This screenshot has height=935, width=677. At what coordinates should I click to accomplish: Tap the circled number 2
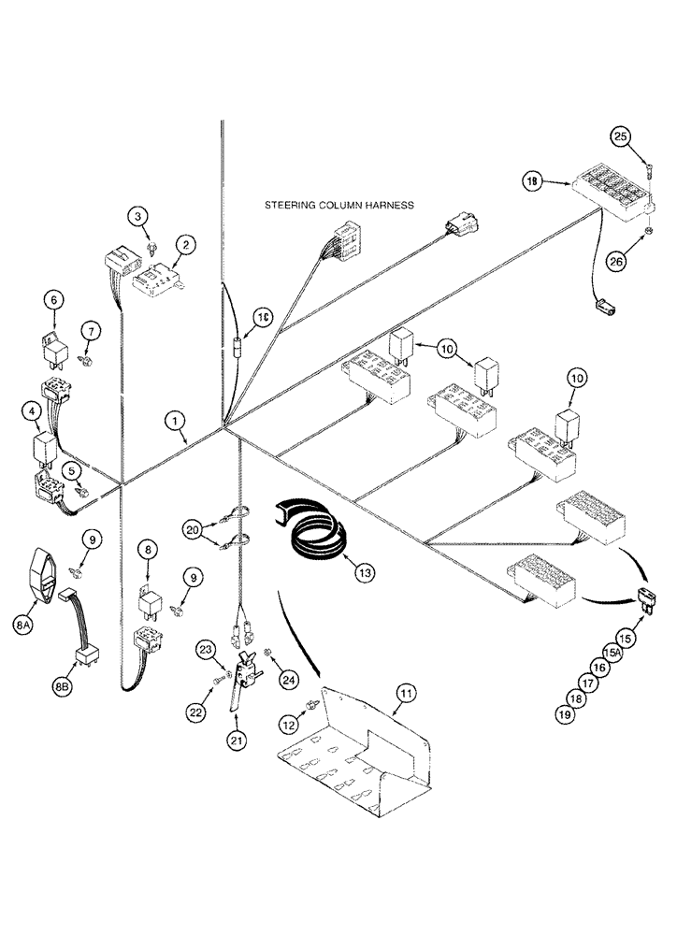click(x=138, y=218)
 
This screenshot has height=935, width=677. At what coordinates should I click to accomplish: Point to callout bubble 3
click(x=138, y=218)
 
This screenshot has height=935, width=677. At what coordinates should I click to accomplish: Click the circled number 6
click(x=53, y=299)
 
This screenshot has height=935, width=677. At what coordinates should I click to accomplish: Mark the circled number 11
click(x=405, y=693)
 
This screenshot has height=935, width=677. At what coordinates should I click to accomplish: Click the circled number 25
click(x=620, y=137)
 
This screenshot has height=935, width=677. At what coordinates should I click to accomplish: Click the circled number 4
click(x=33, y=410)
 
